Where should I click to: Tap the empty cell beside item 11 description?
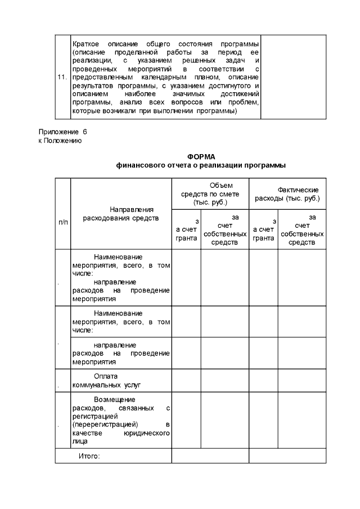click(x=293, y=77)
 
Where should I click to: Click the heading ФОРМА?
click(x=201, y=156)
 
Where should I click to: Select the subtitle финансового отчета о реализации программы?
click(x=201, y=165)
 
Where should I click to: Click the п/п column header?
click(x=62, y=222)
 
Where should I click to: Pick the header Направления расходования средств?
click(x=120, y=213)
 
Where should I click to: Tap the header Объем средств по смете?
click(x=210, y=194)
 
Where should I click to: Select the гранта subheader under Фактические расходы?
click(x=263, y=238)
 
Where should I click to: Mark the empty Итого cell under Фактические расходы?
click(x=287, y=456)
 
